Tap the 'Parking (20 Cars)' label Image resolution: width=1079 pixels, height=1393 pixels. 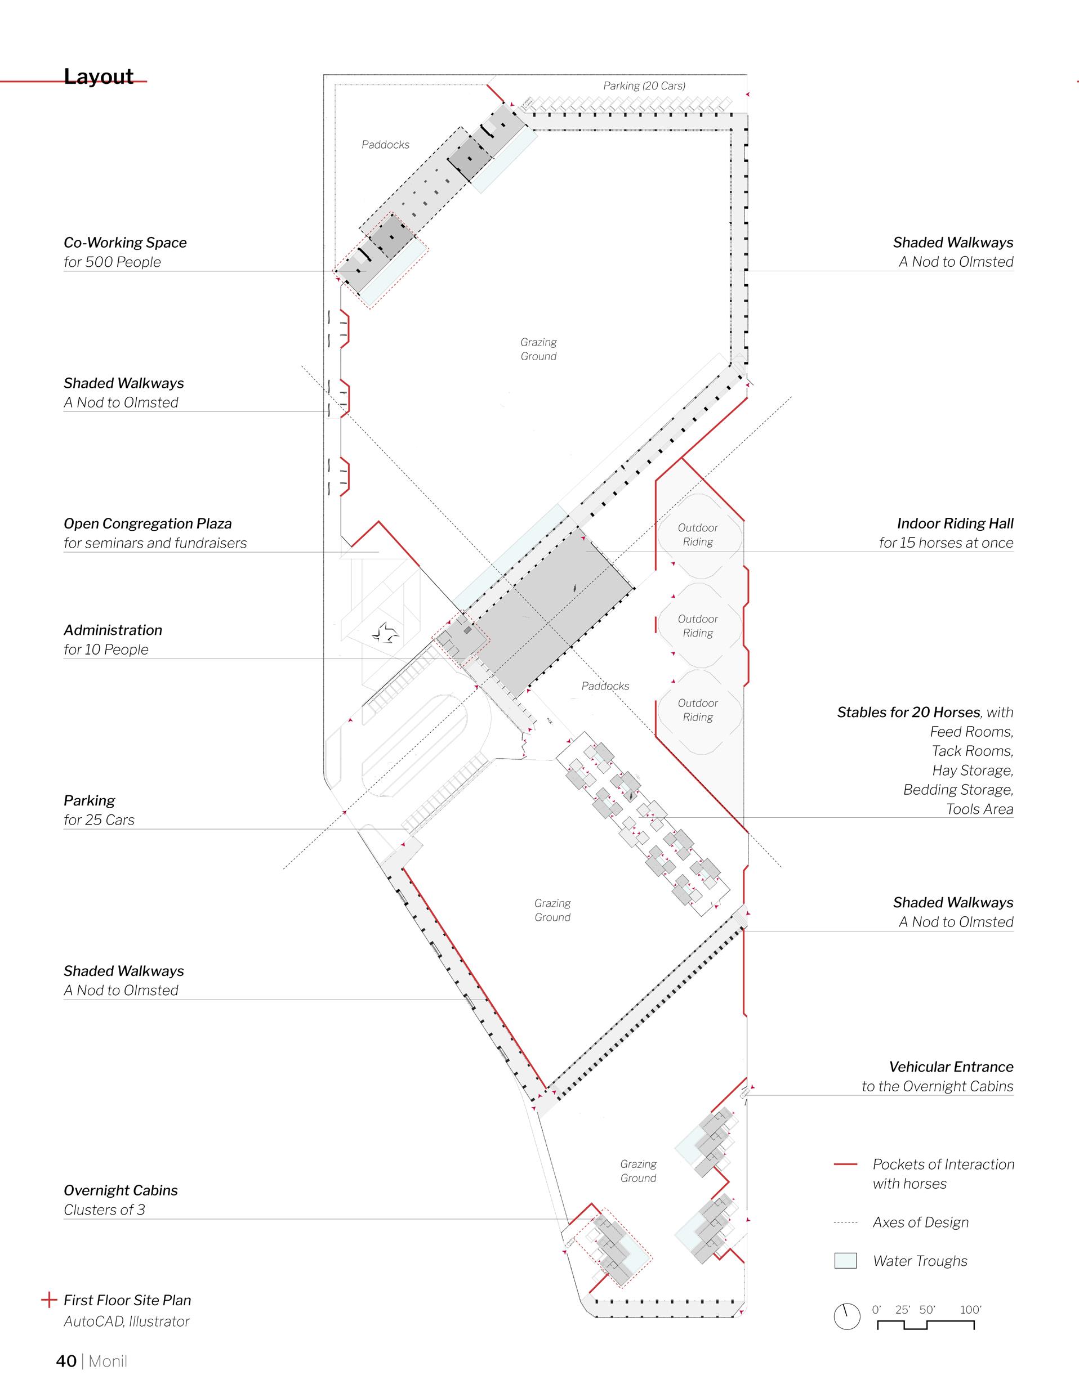pos(644,86)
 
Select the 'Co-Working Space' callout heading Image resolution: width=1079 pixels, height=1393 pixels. pos(125,243)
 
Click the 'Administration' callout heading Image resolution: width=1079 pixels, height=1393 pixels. pos(113,630)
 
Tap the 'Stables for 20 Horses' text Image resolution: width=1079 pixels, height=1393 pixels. pos(908,713)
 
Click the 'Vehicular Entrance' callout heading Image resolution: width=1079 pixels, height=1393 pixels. pos(951,1067)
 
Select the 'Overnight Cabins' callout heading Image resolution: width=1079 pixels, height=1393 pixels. pos(121,1190)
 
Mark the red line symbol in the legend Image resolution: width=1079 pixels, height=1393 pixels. pos(845,1164)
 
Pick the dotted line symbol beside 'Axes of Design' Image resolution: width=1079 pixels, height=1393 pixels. pos(845,1222)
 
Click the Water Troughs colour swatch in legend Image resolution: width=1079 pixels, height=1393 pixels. pos(845,1260)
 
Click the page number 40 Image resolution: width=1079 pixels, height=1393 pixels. pos(66,1361)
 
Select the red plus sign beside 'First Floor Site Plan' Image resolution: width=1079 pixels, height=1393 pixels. pos(49,1300)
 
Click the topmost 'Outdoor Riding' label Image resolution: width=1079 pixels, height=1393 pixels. pos(697,535)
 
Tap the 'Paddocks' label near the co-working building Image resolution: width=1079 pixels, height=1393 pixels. pos(385,145)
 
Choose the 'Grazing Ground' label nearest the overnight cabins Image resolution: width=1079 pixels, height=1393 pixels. pos(638,1171)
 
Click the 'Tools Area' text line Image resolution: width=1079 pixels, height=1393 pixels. pos(979,809)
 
